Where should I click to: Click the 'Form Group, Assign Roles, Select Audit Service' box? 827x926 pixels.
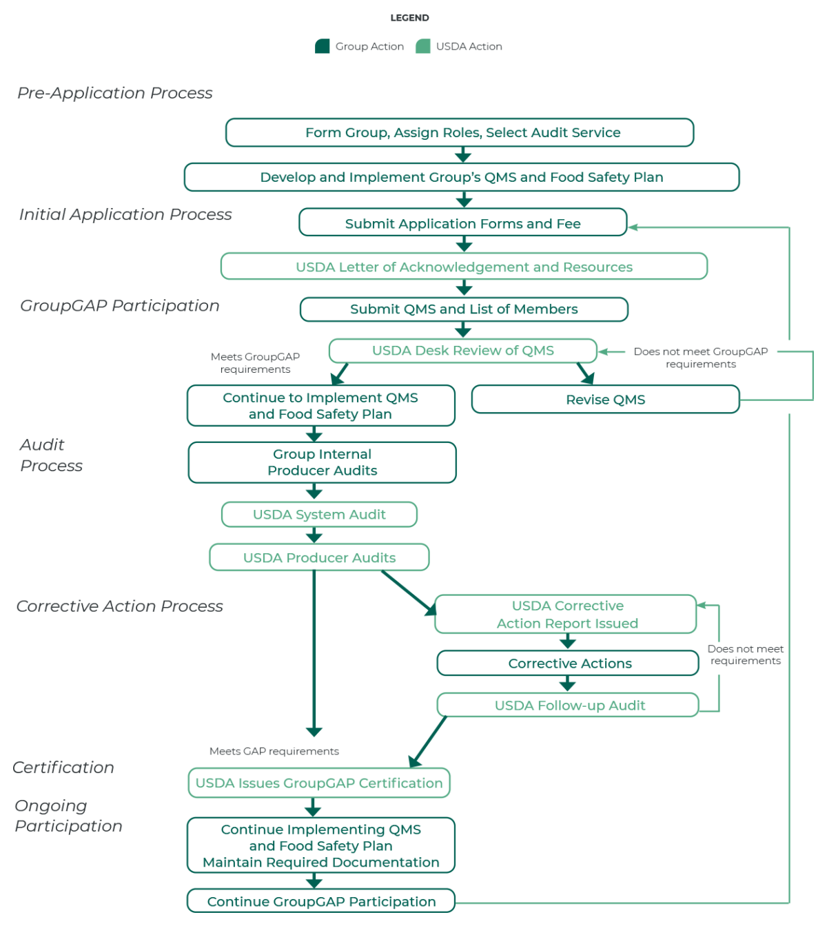460,132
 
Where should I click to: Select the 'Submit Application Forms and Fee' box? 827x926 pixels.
462,223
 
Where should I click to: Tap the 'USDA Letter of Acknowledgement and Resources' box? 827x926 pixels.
464,267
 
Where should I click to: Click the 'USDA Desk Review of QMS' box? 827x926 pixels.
462,351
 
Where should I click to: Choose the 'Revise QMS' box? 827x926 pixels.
605,400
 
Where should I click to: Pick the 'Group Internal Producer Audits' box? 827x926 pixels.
322,462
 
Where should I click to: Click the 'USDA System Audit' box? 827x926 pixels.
319,515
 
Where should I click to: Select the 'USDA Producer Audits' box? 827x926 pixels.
319,557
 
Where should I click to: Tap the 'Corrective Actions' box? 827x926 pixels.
569,663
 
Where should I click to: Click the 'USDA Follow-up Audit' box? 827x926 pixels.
569,706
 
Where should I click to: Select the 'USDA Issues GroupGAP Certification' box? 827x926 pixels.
319,783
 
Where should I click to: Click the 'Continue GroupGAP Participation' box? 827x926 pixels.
321,901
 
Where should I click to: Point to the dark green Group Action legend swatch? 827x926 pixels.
322,46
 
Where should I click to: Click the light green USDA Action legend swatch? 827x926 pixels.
423,46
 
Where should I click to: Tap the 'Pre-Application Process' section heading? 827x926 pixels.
115,93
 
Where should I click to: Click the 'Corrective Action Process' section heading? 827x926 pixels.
119,606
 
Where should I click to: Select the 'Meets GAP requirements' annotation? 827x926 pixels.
274,751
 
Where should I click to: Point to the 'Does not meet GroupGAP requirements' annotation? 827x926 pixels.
700,358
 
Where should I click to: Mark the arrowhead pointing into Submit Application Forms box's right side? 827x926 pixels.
633,227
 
